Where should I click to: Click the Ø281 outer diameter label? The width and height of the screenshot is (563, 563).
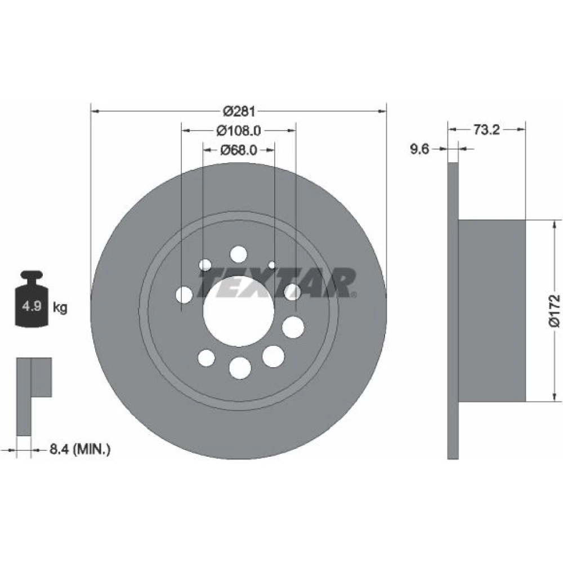click(x=239, y=111)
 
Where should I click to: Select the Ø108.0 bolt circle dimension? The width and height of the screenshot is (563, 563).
click(x=239, y=131)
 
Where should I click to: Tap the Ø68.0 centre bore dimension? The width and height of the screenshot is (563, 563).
click(x=239, y=150)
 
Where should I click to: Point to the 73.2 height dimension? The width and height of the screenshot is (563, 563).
click(x=486, y=129)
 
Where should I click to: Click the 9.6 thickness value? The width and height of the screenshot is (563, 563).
click(x=420, y=149)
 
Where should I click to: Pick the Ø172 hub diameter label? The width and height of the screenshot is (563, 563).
click(x=555, y=311)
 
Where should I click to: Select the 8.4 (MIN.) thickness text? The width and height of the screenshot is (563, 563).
click(x=80, y=449)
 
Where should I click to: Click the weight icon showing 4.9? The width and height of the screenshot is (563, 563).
click(x=33, y=299)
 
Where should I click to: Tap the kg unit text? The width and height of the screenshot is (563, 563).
click(x=60, y=307)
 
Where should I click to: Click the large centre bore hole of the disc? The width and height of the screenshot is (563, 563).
click(x=239, y=311)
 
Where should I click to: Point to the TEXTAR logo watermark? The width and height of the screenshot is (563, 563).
click(x=277, y=283)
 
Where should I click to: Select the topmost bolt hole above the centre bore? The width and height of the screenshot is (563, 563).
click(x=239, y=254)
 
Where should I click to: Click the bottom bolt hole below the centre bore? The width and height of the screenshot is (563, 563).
click(x=240, y=368)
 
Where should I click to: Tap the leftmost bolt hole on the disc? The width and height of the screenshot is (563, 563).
click(x=184, y=295)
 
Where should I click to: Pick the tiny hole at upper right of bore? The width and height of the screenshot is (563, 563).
click(x=272, y=265)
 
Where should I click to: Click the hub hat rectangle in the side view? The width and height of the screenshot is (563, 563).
click(x=492, y=311)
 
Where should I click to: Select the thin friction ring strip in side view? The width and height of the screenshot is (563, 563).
click(x=453, y=311)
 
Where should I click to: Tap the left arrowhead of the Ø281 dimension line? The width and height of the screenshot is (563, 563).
click(x=95, y=111)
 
